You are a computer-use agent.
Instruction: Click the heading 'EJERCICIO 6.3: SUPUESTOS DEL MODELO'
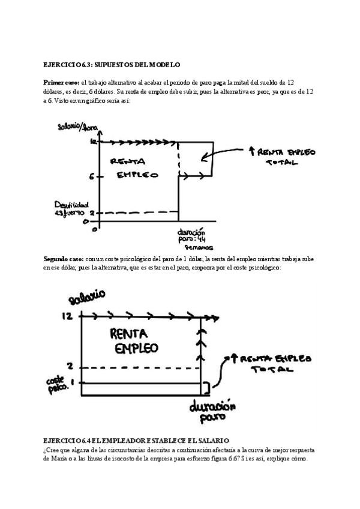click(112, 64)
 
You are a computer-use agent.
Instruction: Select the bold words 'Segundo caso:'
click(63, 259)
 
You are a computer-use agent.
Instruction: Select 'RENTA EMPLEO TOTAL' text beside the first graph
click(283, 157)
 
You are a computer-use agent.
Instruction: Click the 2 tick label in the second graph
click(70, 366)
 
